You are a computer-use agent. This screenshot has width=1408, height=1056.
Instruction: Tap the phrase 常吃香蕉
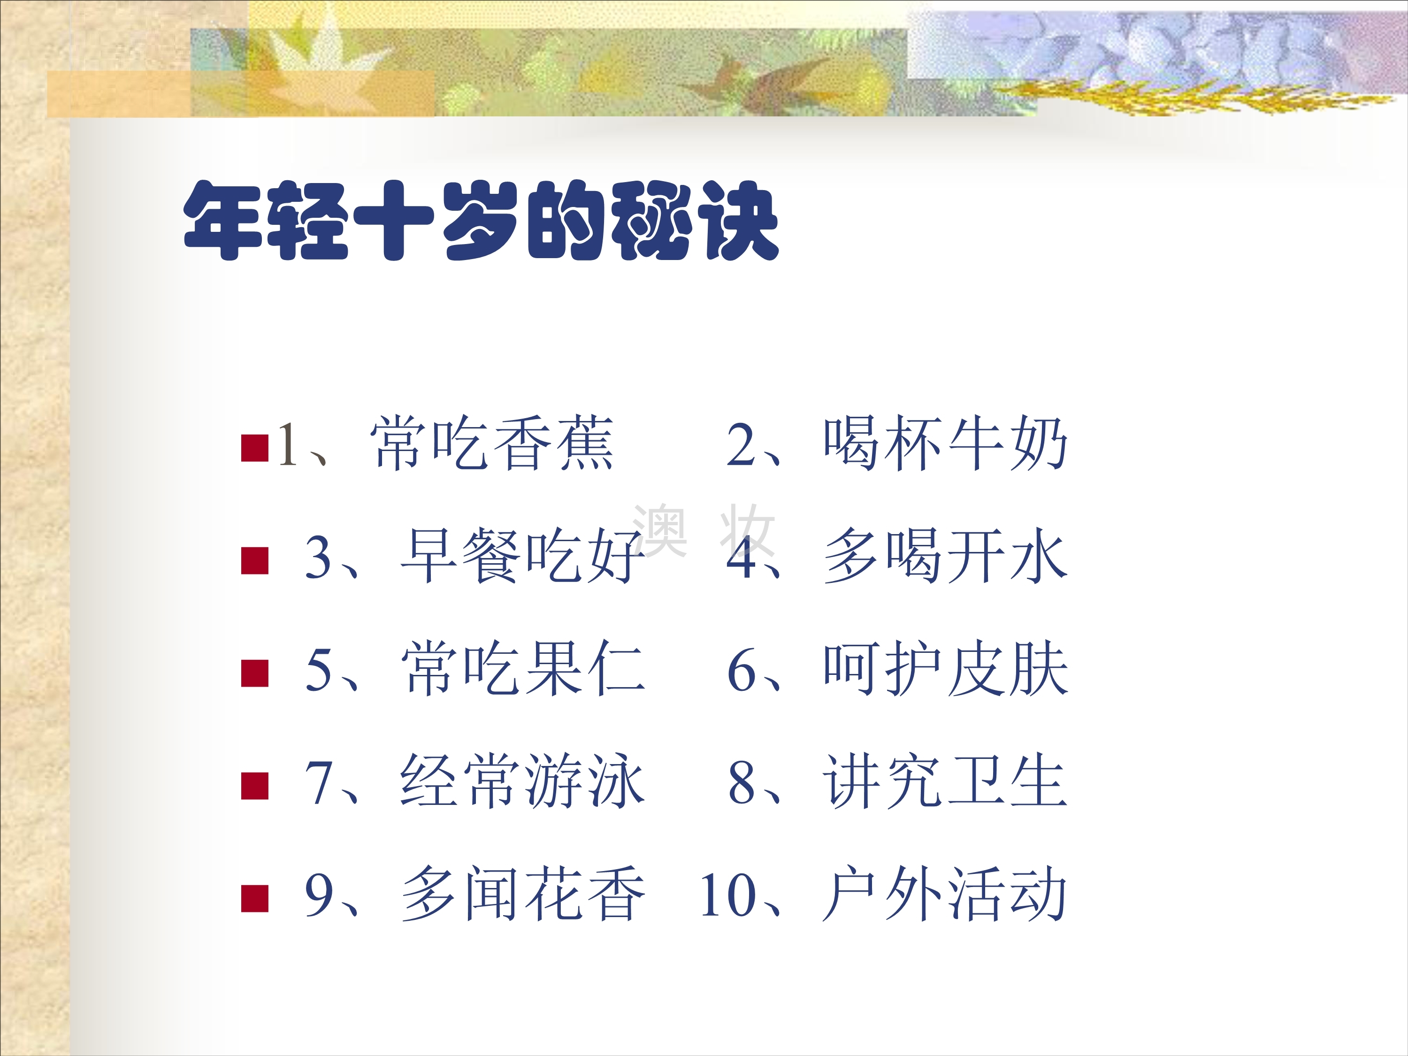[x=492, y=443]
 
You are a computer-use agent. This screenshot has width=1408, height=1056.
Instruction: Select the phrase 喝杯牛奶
[x=945, y=443]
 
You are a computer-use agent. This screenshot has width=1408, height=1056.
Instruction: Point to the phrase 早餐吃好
[x=522, y=556]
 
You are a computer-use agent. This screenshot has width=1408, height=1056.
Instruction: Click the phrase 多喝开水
[x=945, y=556]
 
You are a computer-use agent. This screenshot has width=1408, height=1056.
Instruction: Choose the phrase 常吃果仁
[x=522, y=668]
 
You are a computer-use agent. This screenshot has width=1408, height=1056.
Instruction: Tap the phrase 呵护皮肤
[x=945, y=668]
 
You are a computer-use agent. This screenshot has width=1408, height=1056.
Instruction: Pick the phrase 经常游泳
[x=522, y=781]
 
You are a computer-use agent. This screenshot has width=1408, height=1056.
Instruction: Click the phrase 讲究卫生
[x=945, y=781]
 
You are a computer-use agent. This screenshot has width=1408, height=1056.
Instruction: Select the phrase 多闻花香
[x=522, y=894]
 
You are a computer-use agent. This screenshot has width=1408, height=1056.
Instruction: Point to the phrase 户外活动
[x=945, y=894]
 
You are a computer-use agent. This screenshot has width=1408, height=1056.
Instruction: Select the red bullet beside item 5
[x=254, y=673]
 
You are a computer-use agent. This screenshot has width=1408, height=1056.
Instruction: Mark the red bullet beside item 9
[x=254, y=898]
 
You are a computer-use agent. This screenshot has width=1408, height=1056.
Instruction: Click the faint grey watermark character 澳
[x=659, y=529]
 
